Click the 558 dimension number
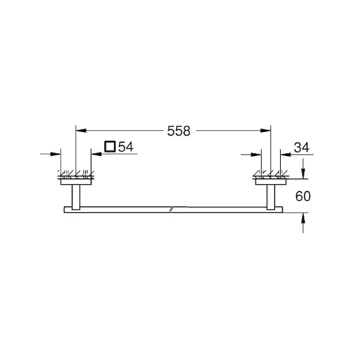(179, 131)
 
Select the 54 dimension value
(126, 147)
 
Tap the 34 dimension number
(302, 148)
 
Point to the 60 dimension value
(303, 196)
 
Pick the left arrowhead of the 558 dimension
(81, 131)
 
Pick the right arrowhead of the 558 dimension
(266, 131)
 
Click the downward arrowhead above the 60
(303, 173)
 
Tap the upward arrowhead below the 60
(303, 218)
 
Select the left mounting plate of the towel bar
(76, 182)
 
